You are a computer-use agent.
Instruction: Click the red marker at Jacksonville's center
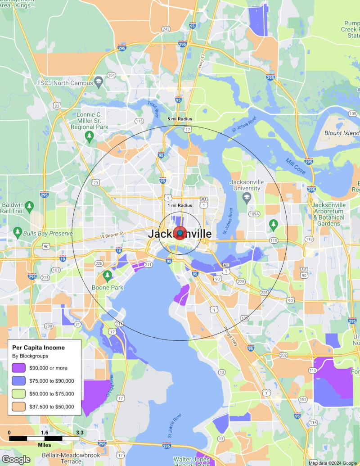point(180,233)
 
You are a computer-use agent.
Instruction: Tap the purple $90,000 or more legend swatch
point(18,368)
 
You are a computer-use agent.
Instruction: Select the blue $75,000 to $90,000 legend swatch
point(18,381)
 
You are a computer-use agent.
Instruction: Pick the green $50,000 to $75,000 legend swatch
point(18,394)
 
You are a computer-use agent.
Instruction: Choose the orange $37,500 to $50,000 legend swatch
point(18,407)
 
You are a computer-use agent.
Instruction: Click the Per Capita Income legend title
point(38,348)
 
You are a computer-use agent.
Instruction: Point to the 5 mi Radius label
point(180,119)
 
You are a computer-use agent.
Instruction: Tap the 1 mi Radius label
point(180,205)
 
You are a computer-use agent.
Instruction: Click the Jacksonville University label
point(245,185)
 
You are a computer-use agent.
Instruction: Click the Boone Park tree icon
point(107,275)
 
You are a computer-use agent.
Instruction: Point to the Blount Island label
point(342,133)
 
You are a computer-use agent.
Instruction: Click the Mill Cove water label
point(295,167)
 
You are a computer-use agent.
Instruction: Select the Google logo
point(16,459)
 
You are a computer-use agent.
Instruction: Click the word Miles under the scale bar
point(45,445)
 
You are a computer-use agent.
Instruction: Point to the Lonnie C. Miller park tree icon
point(90,136)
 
